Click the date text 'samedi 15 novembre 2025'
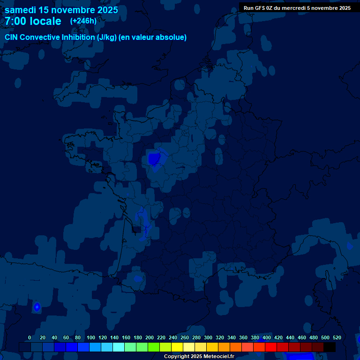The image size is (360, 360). (61, 10)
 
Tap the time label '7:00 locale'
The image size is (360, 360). (33, 21)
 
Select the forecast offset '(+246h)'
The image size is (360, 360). (83, 21)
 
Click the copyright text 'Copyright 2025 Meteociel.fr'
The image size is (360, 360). (199, 357)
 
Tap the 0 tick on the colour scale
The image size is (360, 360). (30, 337)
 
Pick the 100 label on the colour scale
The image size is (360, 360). (91, 337)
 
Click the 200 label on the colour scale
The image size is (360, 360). (150, 337)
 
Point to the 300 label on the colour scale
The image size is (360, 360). (208, 337)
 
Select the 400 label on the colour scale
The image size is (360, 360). (267, 337)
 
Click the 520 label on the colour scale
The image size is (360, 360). (337, 337)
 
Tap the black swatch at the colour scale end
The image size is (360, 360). (330, 347)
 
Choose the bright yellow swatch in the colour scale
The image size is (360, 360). (177, 347)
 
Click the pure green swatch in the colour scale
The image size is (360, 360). (154, 347)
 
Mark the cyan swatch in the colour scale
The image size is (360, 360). (119, 347)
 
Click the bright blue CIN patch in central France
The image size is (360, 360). (154, 159)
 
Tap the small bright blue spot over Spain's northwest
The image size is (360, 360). (37, 307)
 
